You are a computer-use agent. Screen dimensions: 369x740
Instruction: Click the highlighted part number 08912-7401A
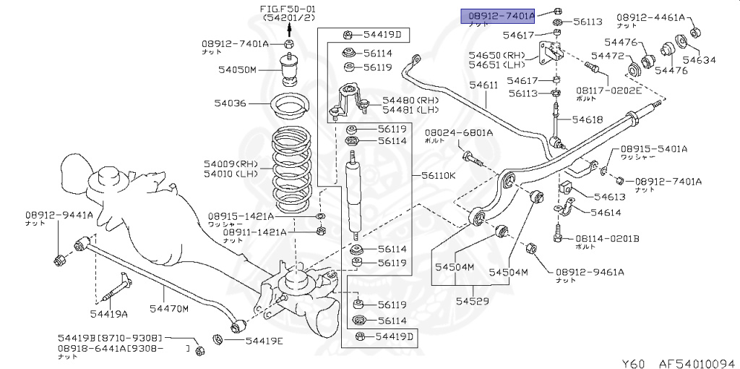[498, 14]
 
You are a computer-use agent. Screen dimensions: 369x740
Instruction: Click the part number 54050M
[237, 70]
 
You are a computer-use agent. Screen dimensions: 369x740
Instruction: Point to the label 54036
[230, 103]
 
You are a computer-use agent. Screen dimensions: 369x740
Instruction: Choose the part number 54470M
[168, 309]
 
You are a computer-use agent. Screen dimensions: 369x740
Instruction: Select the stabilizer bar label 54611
[483, 85]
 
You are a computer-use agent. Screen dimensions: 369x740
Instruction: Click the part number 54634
[699, 61]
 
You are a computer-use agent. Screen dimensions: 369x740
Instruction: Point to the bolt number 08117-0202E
[608, 90]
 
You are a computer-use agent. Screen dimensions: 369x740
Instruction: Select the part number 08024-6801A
[458, 132]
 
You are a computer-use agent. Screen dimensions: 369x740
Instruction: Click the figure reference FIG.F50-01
[288, 8]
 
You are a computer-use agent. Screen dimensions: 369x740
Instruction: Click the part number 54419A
[108, 313]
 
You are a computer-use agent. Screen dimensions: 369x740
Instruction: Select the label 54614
[606, 213]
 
